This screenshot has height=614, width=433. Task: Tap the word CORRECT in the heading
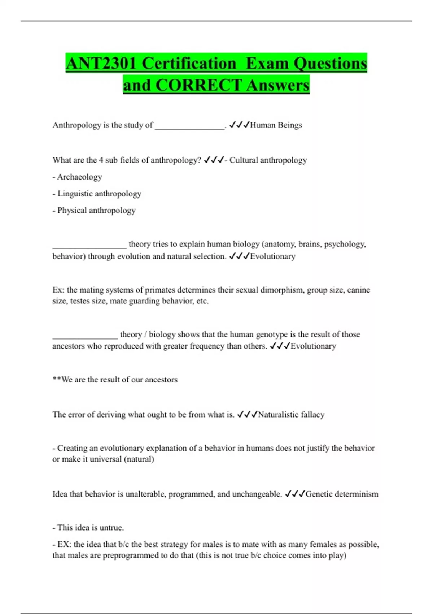(x=198, y=85)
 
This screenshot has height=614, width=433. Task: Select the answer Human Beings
(x=276, y=125)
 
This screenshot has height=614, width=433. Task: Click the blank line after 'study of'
(x=189, y=126)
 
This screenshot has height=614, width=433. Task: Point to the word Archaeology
(x=79, y=177)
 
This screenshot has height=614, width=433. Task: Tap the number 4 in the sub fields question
(x=101, y=160)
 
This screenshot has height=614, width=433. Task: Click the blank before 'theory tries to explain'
(x=89, y=246)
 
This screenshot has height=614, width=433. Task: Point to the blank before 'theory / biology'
(x=85, y=336)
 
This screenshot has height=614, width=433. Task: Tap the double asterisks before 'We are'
(x=57, y=380)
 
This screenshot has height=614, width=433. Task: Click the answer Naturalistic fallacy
(x=291, y=415)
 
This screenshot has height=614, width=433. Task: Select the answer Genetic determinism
(x=342, y=494)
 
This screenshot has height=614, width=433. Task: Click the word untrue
(x=111, y=528)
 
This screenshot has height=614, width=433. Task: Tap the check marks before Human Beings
(x=239, y=125)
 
